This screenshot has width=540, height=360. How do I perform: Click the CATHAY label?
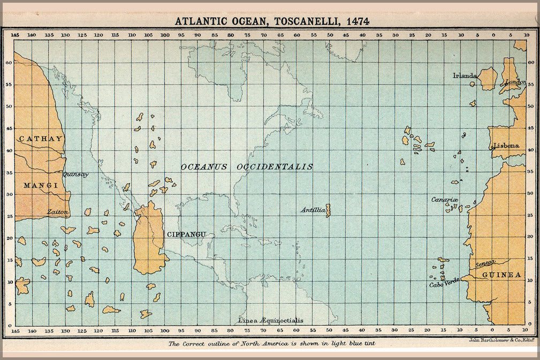click(x=41, y=139)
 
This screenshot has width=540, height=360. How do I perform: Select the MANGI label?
click(x=41, y=186)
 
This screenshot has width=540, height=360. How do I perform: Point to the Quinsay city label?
click(x=75, y=174)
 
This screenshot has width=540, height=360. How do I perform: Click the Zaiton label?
click(x=58, y=212)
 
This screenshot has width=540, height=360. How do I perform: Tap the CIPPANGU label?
click(x=187, y=234)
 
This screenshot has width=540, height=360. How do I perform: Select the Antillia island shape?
click(x=328, y=210)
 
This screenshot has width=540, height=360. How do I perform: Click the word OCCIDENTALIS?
click(x=276, y=167)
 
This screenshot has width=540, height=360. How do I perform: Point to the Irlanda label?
click(x=465, y=75)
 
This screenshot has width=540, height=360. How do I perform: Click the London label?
click(x=516, y=82)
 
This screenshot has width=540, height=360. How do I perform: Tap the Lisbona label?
click(x=506, y=145)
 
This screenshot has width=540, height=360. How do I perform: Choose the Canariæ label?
click(x=445, y=200)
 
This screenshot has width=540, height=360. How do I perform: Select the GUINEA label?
click(x=501, y=275)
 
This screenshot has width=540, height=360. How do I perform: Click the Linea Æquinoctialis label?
click(x=271, y=320)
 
